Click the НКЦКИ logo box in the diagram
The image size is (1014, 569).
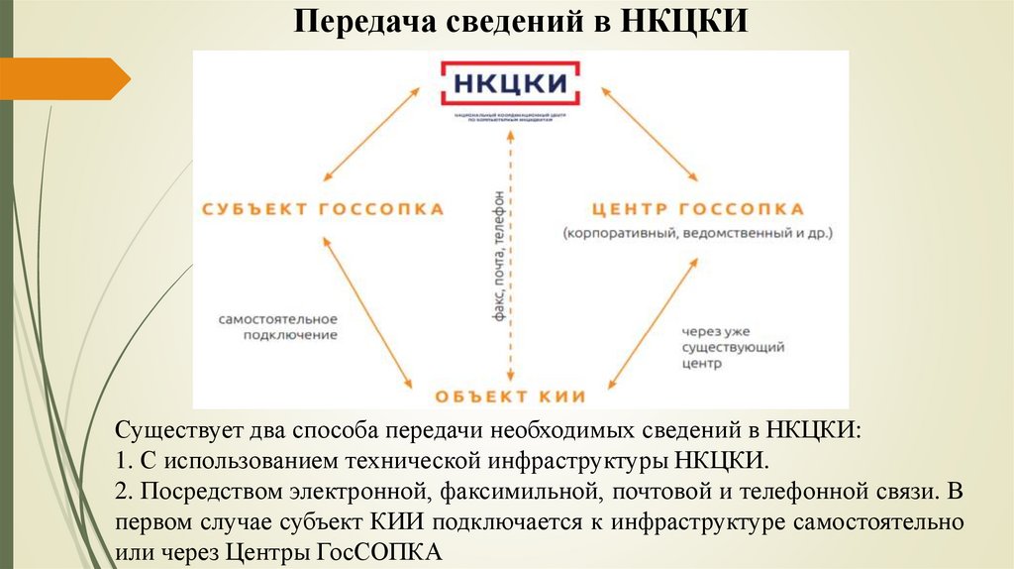click(x=510, y=84)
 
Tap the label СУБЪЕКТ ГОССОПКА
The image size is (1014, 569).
click(x=323, y=209)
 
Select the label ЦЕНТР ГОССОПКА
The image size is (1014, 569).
click(x=698, y=209)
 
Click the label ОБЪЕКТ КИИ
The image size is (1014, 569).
click(x=510, y=397)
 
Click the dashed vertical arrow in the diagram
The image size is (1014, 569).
click(x=511, y=297)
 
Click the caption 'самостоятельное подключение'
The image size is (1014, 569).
click(x=279, y=327)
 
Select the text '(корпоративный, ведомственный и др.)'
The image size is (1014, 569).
click(x=699, y=235)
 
